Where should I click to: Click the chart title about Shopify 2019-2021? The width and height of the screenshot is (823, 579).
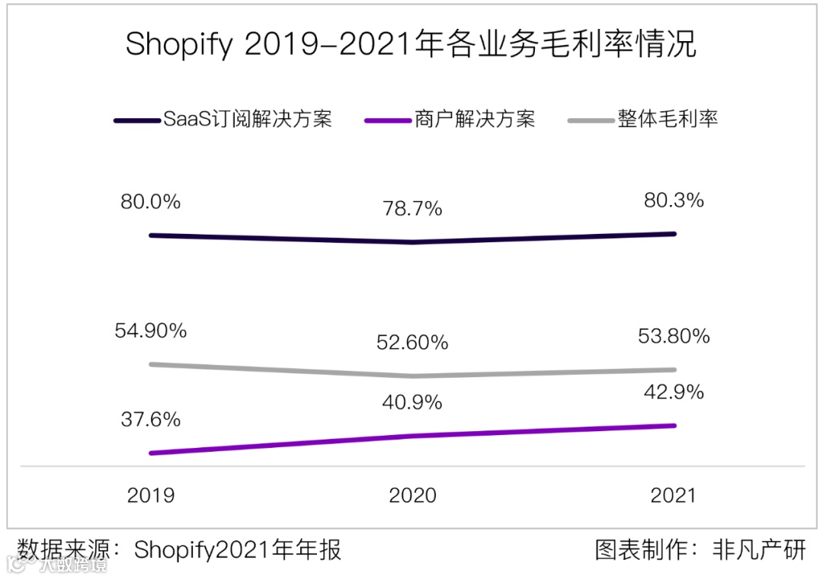tap(411, 44)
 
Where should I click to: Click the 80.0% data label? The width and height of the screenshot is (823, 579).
tap(150, 203)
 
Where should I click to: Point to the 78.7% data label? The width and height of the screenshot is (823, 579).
tap(412, 210)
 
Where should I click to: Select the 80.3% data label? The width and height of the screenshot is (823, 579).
tap(674, 201)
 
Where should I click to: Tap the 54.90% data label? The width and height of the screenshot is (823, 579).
tap(150, 331)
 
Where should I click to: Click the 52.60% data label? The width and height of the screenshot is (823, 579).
tap(412, 343)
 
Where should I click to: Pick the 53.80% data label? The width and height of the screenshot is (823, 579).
tap(674, 336)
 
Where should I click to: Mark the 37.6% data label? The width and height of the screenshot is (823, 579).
tap(150, 420)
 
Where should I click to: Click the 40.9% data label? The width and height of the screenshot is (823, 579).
tap(412, 402)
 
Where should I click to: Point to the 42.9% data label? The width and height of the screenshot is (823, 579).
tap(674, 392)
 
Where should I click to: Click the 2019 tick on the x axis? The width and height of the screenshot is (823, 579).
tap(150, 495)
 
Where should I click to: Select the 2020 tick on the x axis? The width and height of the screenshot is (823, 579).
tap(412, 495)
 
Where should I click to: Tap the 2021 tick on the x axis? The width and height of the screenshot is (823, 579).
tap(674, 495)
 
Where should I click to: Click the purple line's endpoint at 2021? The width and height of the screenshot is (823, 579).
tap(674, 425)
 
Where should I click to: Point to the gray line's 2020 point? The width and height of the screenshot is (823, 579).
tap(412, 376)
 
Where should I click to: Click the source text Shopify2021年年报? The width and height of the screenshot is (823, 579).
tap(238, 550)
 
